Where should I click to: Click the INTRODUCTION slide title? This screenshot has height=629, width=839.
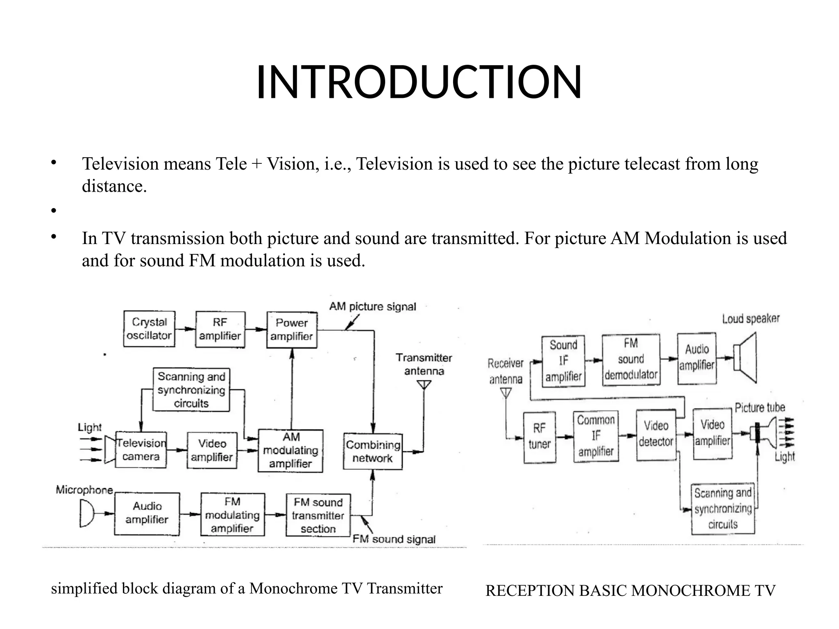(419, 82)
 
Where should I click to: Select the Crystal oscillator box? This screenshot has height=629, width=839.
(149, 329)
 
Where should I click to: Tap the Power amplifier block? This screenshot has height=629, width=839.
(292, 330)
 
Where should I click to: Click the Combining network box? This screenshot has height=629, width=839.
(373, 451)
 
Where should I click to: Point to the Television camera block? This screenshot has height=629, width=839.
(141, 450)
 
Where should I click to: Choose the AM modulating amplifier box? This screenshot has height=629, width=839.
(290, 450)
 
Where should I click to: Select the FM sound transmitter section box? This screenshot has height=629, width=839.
(318, 515)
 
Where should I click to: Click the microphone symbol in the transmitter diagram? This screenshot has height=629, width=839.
(86, 514)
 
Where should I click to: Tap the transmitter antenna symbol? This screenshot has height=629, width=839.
(424, 385)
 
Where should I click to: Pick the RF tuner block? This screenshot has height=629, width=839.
(540, 437)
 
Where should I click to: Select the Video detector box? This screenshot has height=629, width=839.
(656, 434)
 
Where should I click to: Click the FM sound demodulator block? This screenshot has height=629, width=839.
(631, 359)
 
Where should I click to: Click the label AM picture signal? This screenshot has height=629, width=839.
(372, 307)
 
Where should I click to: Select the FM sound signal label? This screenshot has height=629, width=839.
(394, 539)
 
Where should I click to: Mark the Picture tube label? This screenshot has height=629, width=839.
(760, 407)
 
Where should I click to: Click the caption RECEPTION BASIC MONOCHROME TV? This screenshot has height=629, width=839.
(630, 591)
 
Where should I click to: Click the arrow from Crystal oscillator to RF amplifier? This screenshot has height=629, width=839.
(185, 329)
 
